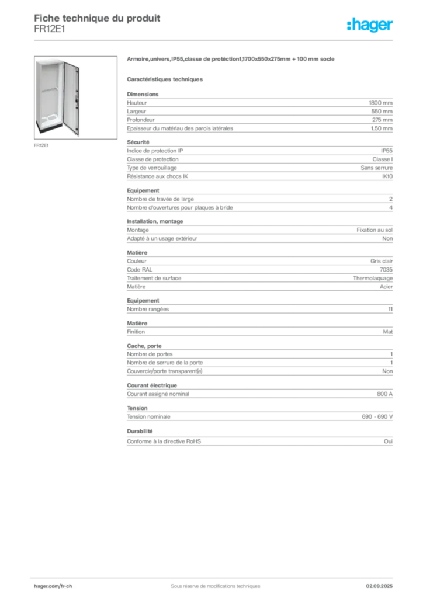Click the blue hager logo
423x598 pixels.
(x=370, y=26)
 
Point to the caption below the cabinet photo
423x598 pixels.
(x=41, y=146)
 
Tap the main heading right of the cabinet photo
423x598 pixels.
(x=231, y=60)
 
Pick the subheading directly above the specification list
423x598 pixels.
(x=165, y=79)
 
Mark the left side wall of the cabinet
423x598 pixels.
(x=39, y=91)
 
